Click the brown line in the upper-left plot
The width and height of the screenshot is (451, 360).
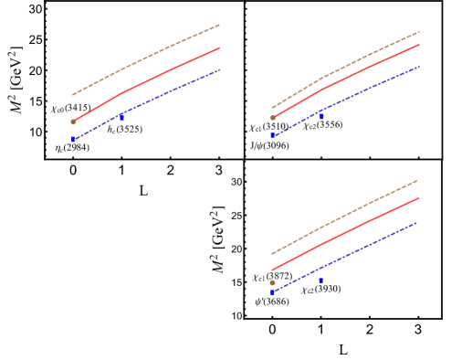tap(146, 59)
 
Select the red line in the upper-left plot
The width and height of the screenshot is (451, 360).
tap(146, 81)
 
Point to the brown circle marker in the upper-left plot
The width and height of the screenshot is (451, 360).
tap(73, 122)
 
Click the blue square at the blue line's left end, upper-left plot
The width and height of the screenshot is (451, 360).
tap(74, 139)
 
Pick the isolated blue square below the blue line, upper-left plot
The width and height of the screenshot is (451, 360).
tap(121, 117)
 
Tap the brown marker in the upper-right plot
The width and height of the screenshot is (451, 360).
tap(272, 118)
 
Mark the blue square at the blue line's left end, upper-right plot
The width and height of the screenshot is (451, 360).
tap(272, 135)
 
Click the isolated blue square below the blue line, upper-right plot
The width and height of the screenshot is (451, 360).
tap(321, 116)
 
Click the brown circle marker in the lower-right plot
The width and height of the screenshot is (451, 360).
tap(272, 282)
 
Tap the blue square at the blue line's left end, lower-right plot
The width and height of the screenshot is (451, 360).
tap(272, 292)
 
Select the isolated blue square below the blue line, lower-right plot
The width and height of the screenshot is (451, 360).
tap(320, 281)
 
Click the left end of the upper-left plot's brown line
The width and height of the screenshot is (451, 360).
tap(73, 94)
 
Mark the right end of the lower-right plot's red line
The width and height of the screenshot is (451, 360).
tap(418, 197)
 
